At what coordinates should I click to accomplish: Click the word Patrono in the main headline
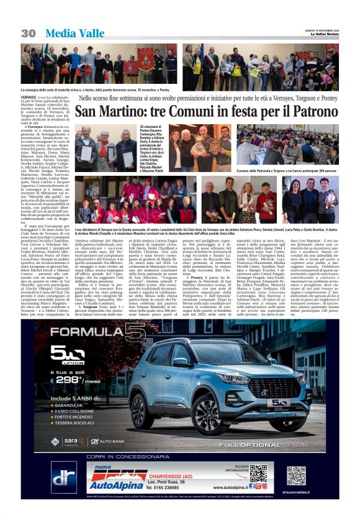coord(313,112)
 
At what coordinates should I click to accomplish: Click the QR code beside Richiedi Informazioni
coord(258,473)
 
